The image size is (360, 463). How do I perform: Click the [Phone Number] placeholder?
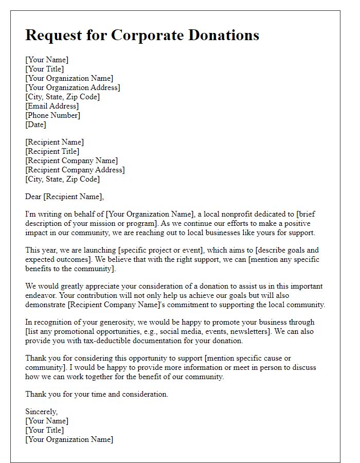53,115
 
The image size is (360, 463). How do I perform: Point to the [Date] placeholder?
35,124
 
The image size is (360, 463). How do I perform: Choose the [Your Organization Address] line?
73,87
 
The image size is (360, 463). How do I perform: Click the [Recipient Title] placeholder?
52,151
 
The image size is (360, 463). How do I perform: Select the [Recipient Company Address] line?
75,170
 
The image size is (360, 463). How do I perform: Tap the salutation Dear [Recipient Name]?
64,196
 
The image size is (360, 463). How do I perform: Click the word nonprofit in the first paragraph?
248,213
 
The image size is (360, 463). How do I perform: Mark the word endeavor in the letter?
43,295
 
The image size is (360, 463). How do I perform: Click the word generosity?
105,322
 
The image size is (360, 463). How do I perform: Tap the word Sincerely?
42,412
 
